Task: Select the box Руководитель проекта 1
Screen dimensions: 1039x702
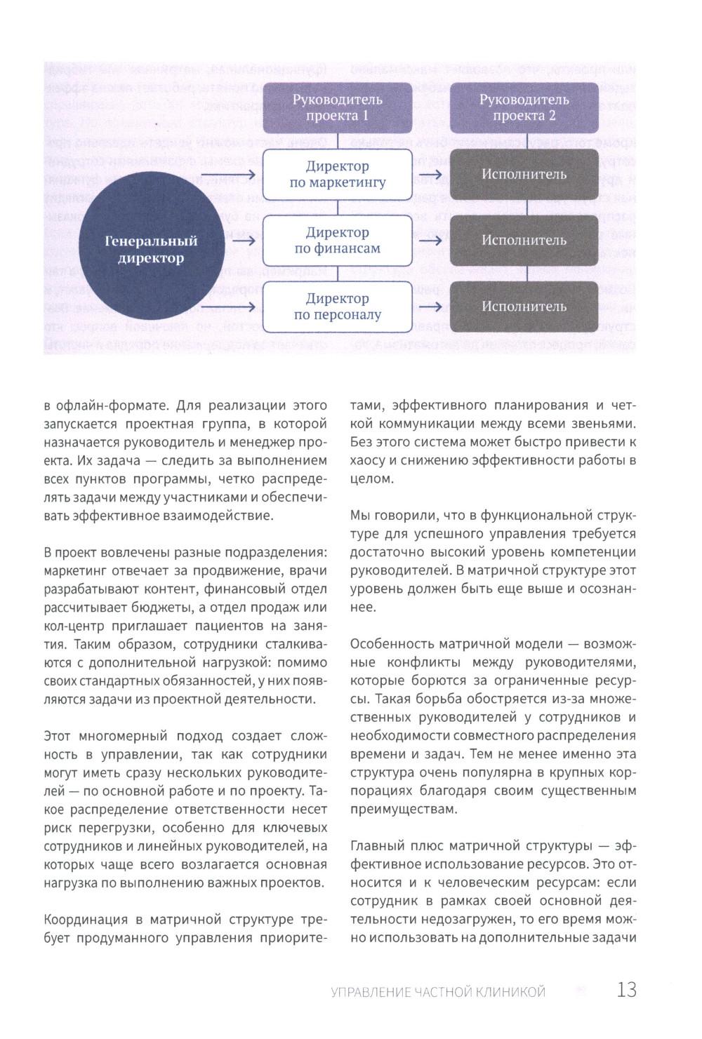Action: click(x=337, y=107)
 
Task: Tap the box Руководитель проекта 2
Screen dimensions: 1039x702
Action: click(x=524, y=107)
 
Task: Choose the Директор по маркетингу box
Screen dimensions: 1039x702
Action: click(x=337, y=175)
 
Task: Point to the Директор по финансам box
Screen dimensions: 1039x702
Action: click(x=337, y=240)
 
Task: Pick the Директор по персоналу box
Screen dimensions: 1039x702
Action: click(x=337, y=307)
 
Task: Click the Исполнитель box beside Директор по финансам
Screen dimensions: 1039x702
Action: click(x=524, y=240)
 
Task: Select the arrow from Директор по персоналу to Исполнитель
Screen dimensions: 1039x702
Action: click(x=430, y=307)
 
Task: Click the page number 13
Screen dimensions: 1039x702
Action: click(x=626, y=990)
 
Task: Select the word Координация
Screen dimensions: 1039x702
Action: click(x=83, y=920)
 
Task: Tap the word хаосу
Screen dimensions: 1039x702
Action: click(x=369, y=461)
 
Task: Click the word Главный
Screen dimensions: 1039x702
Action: click(x=376, y=845)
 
